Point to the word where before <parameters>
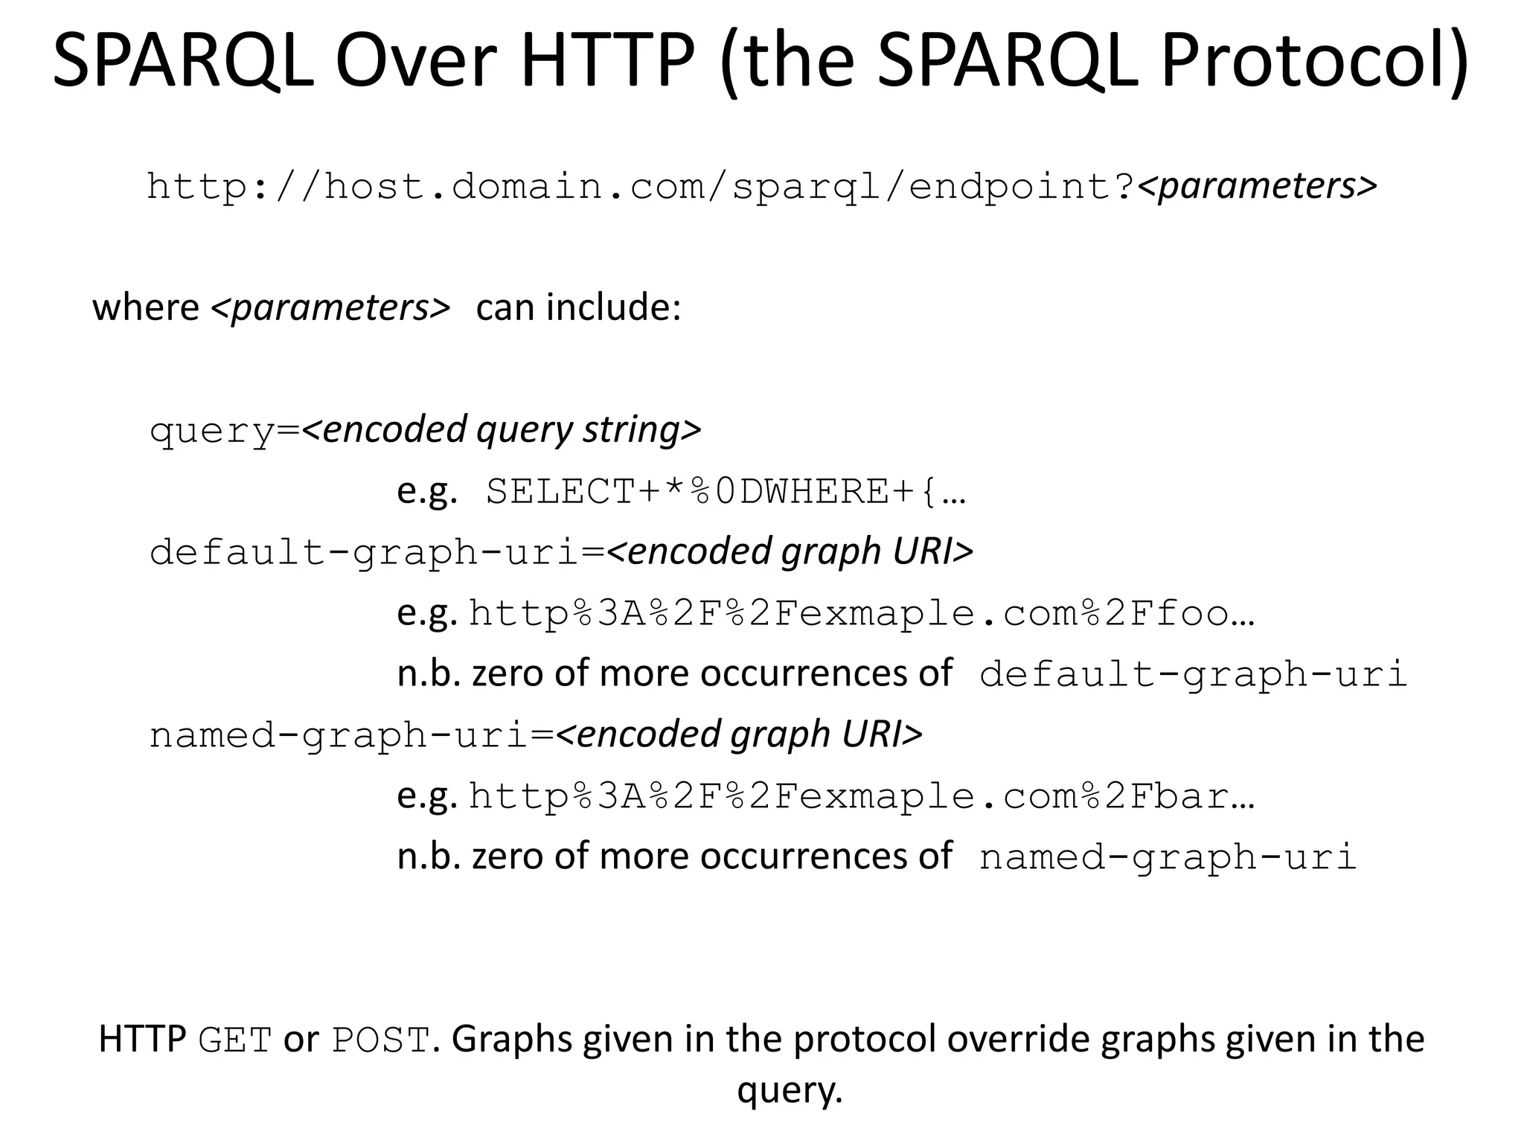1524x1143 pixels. pyautogui.click(x=145, y=307)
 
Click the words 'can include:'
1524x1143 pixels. pyautogui.click(x=578, y=307)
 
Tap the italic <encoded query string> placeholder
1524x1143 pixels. pyautogui.click(x=502, y=429)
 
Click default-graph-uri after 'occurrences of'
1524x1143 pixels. pyautogui.click(x=1193, y=674)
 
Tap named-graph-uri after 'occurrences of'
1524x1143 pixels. pyautogui.click(x=1168, y=857)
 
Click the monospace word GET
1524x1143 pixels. pyautogui.click(x=235, y=1040)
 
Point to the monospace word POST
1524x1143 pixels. pyautogui.click(x=380, y=1040)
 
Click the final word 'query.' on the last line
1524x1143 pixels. pyautogui.click(x=790, y=1091)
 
